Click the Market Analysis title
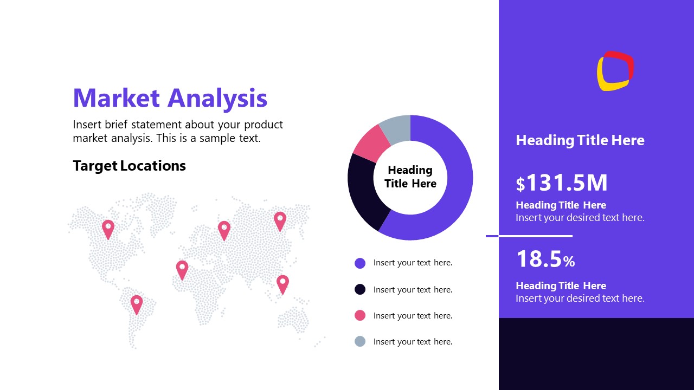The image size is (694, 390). [170, 98]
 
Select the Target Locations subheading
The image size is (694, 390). [129, 166]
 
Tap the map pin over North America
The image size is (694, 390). [108, 228]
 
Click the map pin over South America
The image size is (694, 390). [136, 303]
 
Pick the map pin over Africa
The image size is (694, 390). [182, 269]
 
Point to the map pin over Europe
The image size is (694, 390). [224, 229]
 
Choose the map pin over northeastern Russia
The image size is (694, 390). [280, 220]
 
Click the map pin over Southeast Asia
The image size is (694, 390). [282, 283]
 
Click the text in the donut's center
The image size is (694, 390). [410, 177]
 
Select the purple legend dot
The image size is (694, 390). [360, 263]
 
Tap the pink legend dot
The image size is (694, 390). [360, 315]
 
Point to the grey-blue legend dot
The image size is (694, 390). [360, 341]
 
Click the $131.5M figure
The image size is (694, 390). [562, 183]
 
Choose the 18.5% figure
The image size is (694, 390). [545, 259]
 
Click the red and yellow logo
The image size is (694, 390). [615, 71]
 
